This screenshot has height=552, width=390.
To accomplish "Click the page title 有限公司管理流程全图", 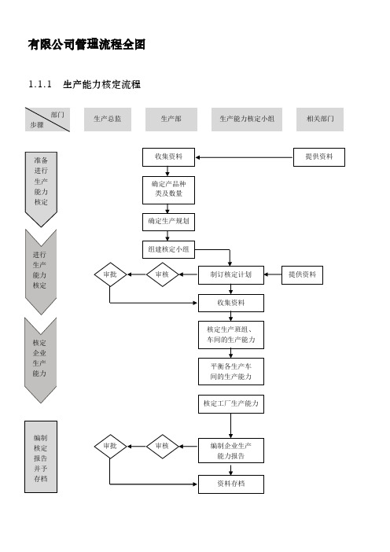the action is (86, 45).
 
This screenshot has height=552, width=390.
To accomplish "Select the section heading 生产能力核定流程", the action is (101, 84).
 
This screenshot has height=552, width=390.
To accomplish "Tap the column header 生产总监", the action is (108, 120).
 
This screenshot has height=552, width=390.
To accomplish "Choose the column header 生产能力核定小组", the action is (247, 120).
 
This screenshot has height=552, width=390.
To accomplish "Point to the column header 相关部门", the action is (320, 120).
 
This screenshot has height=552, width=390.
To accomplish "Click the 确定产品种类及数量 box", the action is (168, 190).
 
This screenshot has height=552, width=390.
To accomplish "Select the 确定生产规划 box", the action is (168, 222).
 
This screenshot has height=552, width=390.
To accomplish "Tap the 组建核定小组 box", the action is (168, 249).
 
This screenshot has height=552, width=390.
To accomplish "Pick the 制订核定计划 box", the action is (231, 275).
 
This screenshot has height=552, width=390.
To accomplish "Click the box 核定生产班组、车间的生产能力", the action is (231, 335).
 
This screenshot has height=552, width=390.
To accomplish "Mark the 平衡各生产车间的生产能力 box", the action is (231, 372).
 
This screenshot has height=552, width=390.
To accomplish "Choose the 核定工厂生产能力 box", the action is (231, 404).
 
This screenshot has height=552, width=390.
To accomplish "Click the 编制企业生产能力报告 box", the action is (231, 451).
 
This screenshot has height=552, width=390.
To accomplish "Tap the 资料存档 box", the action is (231, 484).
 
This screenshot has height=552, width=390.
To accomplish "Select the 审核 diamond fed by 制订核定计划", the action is (162, 274).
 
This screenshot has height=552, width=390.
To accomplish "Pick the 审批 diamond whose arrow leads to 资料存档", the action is (110, 447).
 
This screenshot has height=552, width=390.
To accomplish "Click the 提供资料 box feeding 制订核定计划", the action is (302, 275).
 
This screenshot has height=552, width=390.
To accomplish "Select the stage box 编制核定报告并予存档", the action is (41, 457).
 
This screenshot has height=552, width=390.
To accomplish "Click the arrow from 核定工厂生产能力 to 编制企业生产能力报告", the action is (231, 425).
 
